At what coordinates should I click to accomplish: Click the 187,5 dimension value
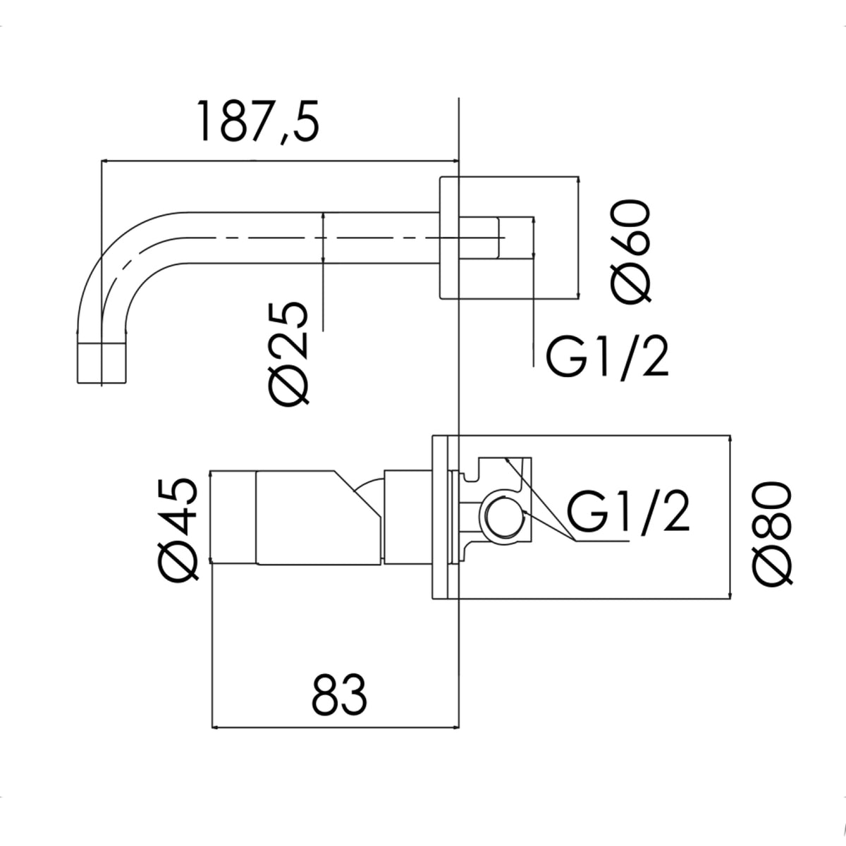258,121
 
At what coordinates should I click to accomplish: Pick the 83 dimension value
339,699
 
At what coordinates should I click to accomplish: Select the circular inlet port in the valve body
503,517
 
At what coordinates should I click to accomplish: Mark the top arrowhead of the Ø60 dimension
579,180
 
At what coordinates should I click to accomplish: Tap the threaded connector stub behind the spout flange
478,238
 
